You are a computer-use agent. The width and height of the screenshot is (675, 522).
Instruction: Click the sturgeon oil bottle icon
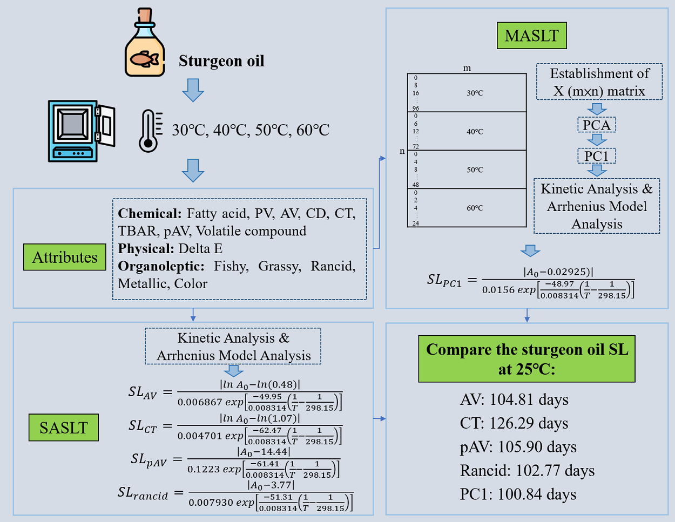[145, 43]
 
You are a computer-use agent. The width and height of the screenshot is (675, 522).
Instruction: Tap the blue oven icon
[81, 131]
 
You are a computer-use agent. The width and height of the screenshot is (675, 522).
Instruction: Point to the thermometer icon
[150, 131]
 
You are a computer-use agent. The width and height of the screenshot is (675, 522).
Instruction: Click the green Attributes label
[65, 257]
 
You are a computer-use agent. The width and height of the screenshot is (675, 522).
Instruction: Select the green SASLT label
[64, 428]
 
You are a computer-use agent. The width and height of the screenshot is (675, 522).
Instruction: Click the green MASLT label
[531, 36]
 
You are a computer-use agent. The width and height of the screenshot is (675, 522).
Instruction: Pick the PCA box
[597, 125]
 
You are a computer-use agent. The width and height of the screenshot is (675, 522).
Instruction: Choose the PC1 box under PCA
[597, 156]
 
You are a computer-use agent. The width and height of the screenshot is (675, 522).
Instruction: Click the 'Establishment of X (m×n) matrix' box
[599, 82]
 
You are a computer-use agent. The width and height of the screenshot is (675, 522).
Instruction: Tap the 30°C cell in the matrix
[475, 93]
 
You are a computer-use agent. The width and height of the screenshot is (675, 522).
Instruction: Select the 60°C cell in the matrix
[475, 208]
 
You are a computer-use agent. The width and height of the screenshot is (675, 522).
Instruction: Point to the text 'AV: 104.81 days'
[514, 400]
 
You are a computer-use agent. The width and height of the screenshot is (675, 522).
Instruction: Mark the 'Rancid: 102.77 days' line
[527, 471]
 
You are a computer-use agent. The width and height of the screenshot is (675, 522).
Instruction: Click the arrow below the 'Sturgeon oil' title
[193, 90]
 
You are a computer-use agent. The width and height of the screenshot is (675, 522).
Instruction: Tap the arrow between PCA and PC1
[597, 140]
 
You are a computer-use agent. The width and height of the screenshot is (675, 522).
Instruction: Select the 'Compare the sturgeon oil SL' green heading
[527, 359]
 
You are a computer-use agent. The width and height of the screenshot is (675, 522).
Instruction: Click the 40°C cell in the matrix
[475, 131]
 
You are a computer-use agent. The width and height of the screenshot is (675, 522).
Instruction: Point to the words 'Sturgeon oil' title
[221, 61]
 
